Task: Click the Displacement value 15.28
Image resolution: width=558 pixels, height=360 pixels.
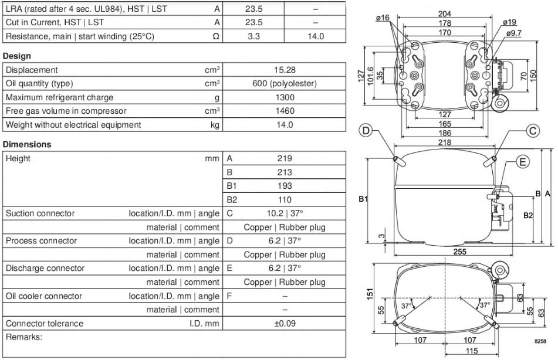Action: tap(285, 70)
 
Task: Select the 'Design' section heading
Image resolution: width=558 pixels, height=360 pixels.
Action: tap(17, 56)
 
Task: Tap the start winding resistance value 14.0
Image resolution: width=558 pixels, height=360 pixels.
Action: tap(315, 36)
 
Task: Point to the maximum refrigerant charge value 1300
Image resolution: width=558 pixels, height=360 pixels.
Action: tap(285, 97)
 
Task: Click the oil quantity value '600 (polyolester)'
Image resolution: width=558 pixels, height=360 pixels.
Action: tap(285, 84)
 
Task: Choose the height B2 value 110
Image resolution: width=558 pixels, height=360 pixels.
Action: tap(285, 199)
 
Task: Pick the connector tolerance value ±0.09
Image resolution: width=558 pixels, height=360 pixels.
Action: tap(285, 324)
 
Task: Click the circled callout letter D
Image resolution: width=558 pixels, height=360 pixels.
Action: tap(366, 131)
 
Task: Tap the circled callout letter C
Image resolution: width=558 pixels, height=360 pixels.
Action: tap(532, 131)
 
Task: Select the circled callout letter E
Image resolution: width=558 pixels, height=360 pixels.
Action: tap(522, 162)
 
